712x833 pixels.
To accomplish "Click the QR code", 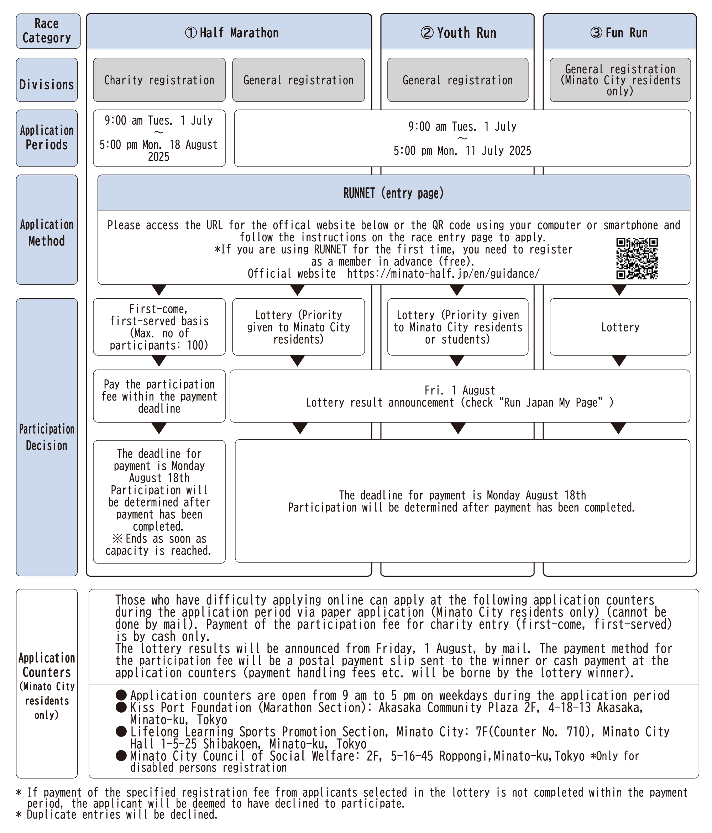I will pyautogui.click(x=637, y=258).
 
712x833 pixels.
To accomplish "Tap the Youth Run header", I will pyautogui.click(x=457, y=32).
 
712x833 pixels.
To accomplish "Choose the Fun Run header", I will pyautogui.click(x=619, y=32).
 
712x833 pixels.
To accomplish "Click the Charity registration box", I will pyautogui.click(x=159, y=80).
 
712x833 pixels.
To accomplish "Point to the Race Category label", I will pyautogui.click(x=47, y=31).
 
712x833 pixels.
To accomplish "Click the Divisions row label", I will pyautogui.click(x=47, y=84).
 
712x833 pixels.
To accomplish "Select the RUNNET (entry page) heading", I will pyautogui.click(x=394, y=193).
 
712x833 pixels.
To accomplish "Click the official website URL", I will pyautogui.click(x=443, y=274).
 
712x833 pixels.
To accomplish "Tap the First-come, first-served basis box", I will pyautogui.click(x=159, y=327).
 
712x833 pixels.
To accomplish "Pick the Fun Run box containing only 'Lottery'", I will pyautogui.click(x=620, y=327).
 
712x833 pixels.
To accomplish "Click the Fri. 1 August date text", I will pyautogui.click(x=460, y=390).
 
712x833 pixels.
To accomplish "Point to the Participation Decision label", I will pyautogui.click(x=47, y=437).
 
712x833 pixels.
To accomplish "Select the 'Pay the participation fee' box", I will pyautogui.click(x=159, y=396).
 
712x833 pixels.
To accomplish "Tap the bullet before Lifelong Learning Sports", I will pyautogui.click(x=121, y=731).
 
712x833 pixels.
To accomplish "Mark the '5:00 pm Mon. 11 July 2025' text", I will pyautogui.click(x=462, y=151).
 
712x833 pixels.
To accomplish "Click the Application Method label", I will pyautogui.click(x=47, y=233).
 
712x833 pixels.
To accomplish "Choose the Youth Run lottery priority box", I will pyautogui.click(x=457, y=327).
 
